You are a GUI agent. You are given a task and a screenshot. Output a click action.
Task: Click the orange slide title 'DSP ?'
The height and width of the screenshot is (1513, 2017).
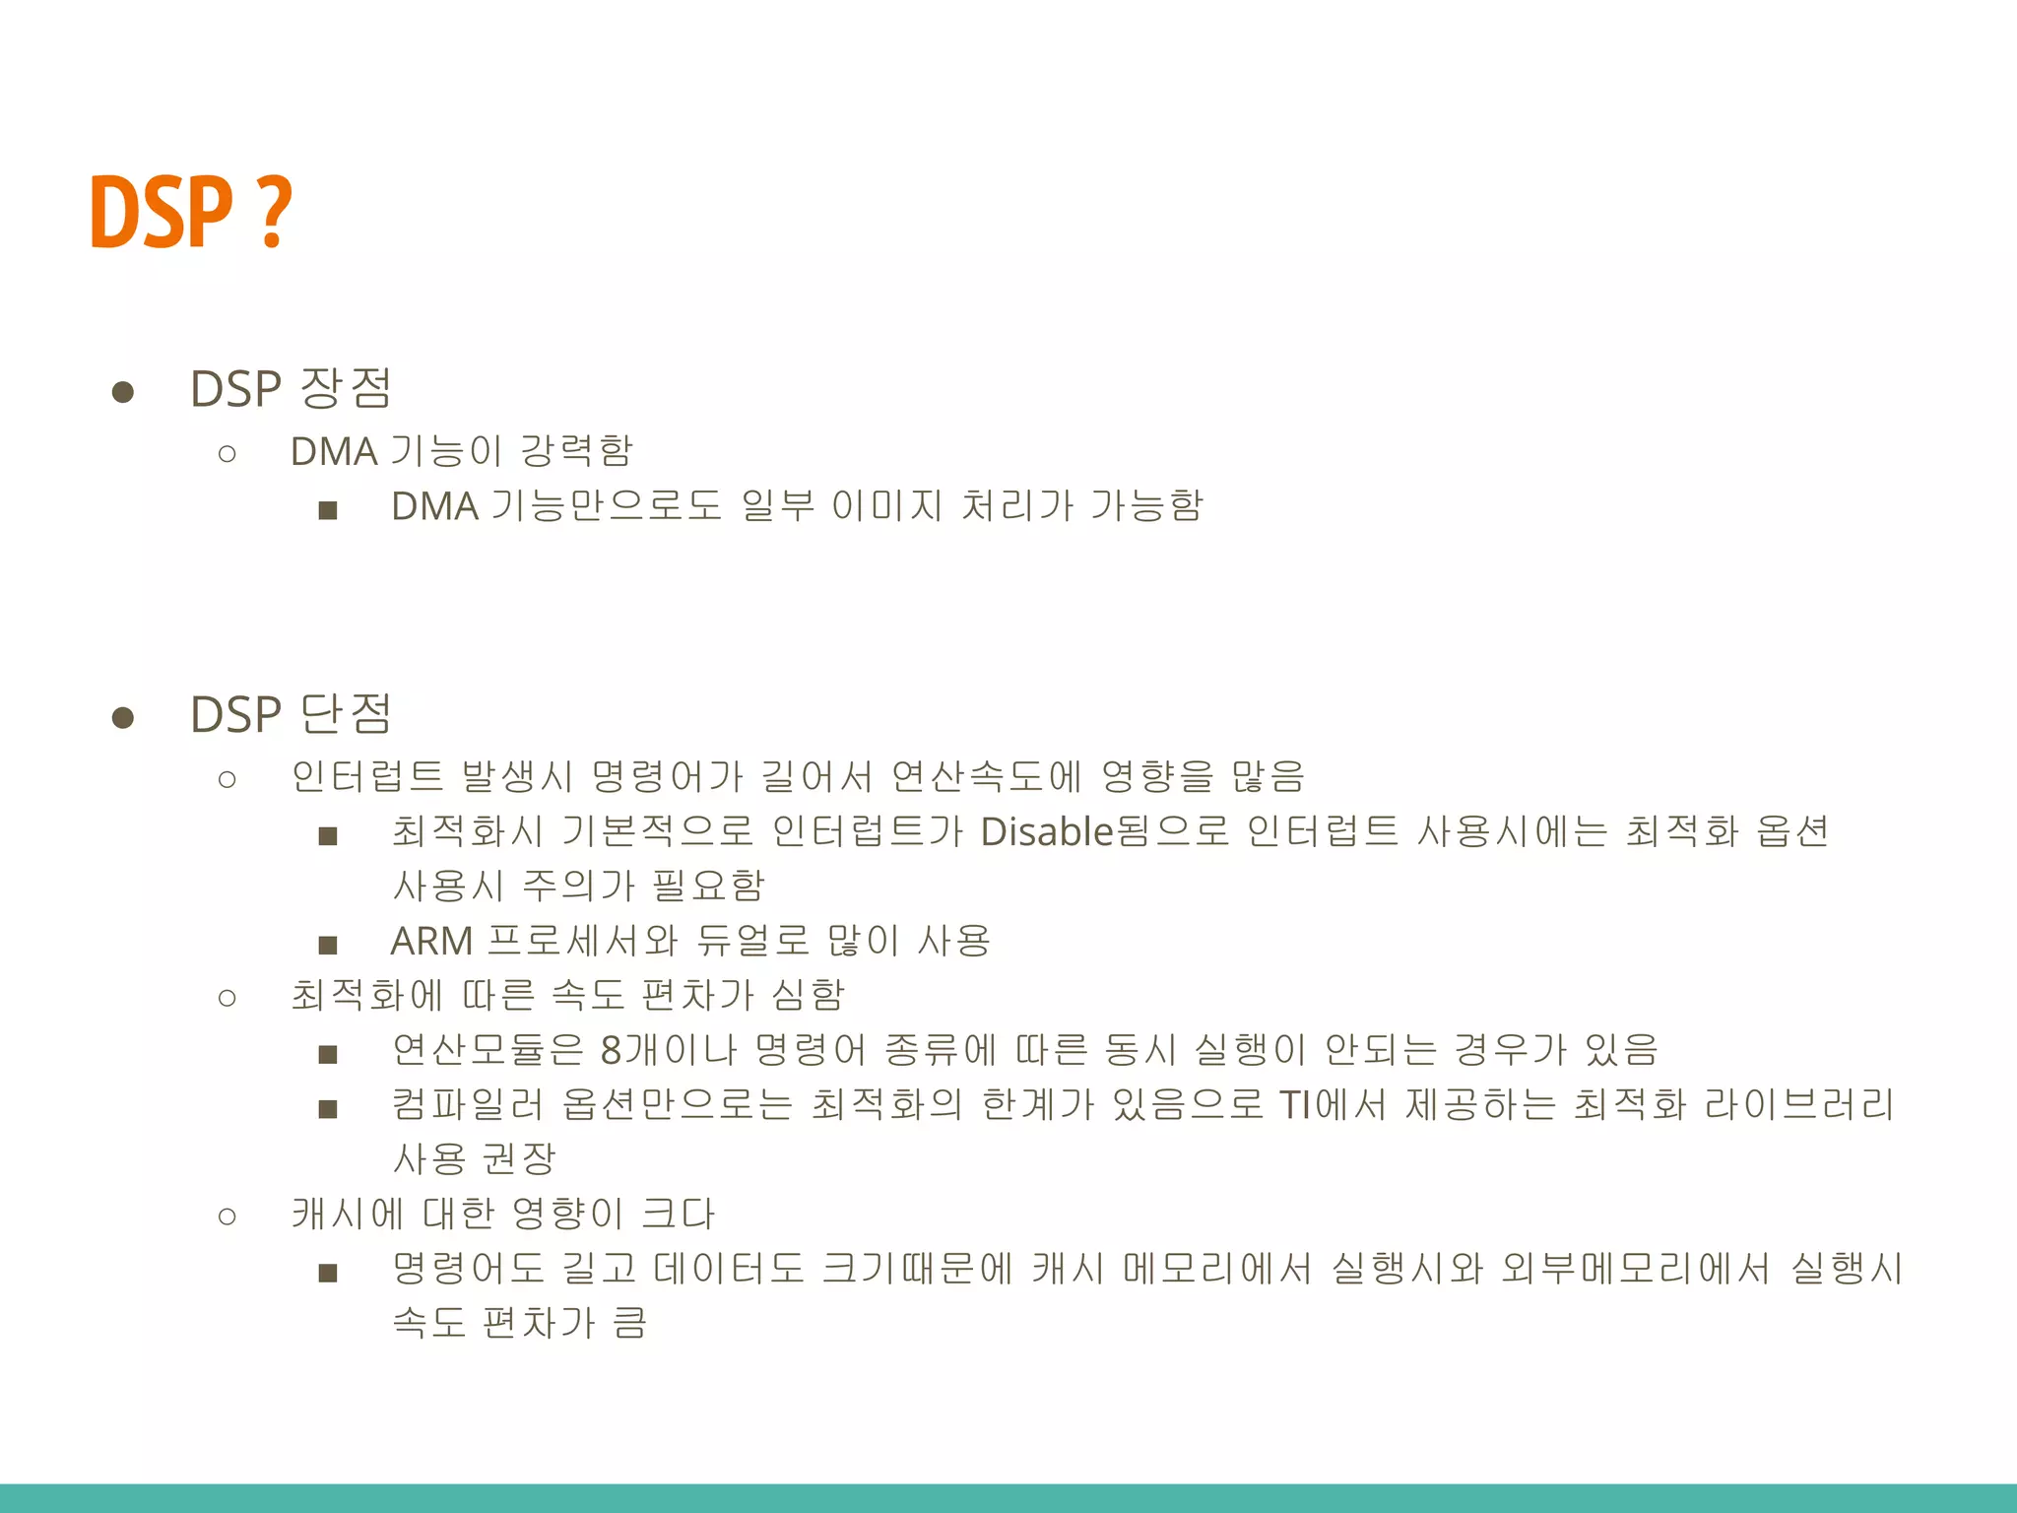point(190,211)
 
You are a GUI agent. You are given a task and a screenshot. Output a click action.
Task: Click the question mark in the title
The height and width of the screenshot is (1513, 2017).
point(276,211)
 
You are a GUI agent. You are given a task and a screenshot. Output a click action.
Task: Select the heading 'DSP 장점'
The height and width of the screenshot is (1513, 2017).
point(291,388)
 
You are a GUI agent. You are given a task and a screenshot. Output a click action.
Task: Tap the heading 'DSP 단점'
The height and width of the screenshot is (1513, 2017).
point(291,714)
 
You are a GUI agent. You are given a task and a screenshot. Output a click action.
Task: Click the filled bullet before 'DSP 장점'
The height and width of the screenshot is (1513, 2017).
point(123,392)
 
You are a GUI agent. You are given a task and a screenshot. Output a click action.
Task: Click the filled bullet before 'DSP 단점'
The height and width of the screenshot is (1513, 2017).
point(123,717)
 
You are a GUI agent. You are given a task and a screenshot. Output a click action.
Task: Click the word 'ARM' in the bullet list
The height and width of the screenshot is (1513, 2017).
point(431,942)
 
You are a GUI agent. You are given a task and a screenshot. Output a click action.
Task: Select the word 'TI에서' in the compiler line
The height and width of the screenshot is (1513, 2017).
point(1334,1105)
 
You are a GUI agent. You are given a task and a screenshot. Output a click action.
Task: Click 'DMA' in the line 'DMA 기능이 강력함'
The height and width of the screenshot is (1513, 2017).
point(334,452)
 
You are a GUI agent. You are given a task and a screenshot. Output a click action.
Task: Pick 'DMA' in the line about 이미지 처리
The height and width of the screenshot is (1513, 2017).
point(434,506)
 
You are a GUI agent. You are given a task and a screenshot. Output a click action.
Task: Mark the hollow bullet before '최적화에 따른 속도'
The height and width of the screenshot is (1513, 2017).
point(228,998)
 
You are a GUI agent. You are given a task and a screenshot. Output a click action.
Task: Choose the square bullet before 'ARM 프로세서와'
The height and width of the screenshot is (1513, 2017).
point(328,946)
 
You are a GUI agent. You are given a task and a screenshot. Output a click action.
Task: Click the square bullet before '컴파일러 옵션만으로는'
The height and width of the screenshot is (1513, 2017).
point(328,1109)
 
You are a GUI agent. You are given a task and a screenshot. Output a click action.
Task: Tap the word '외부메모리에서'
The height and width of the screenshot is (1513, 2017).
point(1635,1269)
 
